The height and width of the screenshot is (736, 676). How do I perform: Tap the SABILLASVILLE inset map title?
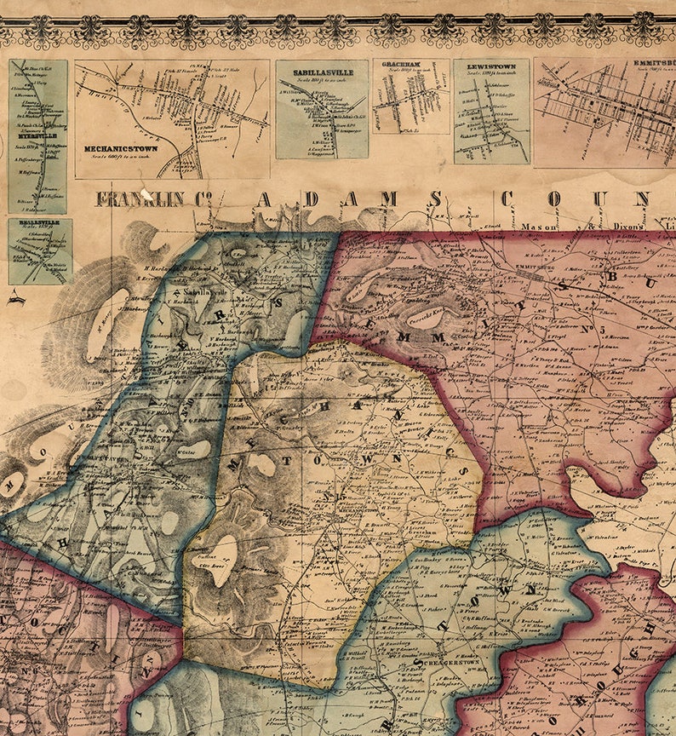[322, 73]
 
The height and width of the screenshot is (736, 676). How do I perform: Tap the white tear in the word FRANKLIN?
[146, 194]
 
